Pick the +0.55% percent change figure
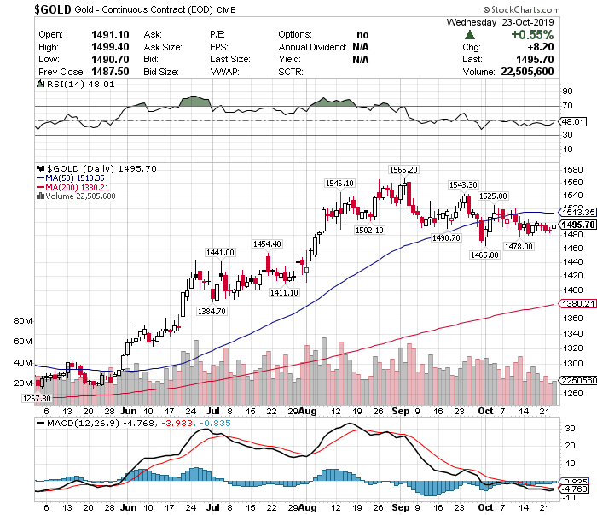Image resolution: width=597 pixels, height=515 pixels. (x=532, y=35)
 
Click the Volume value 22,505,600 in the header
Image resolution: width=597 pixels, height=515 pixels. (x=524, y=73)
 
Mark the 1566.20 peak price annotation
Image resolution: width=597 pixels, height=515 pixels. (x=403, y=169)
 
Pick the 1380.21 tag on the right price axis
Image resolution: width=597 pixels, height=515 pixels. (x=577, y=303)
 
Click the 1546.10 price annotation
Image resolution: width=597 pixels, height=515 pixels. (x=339, y=183)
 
